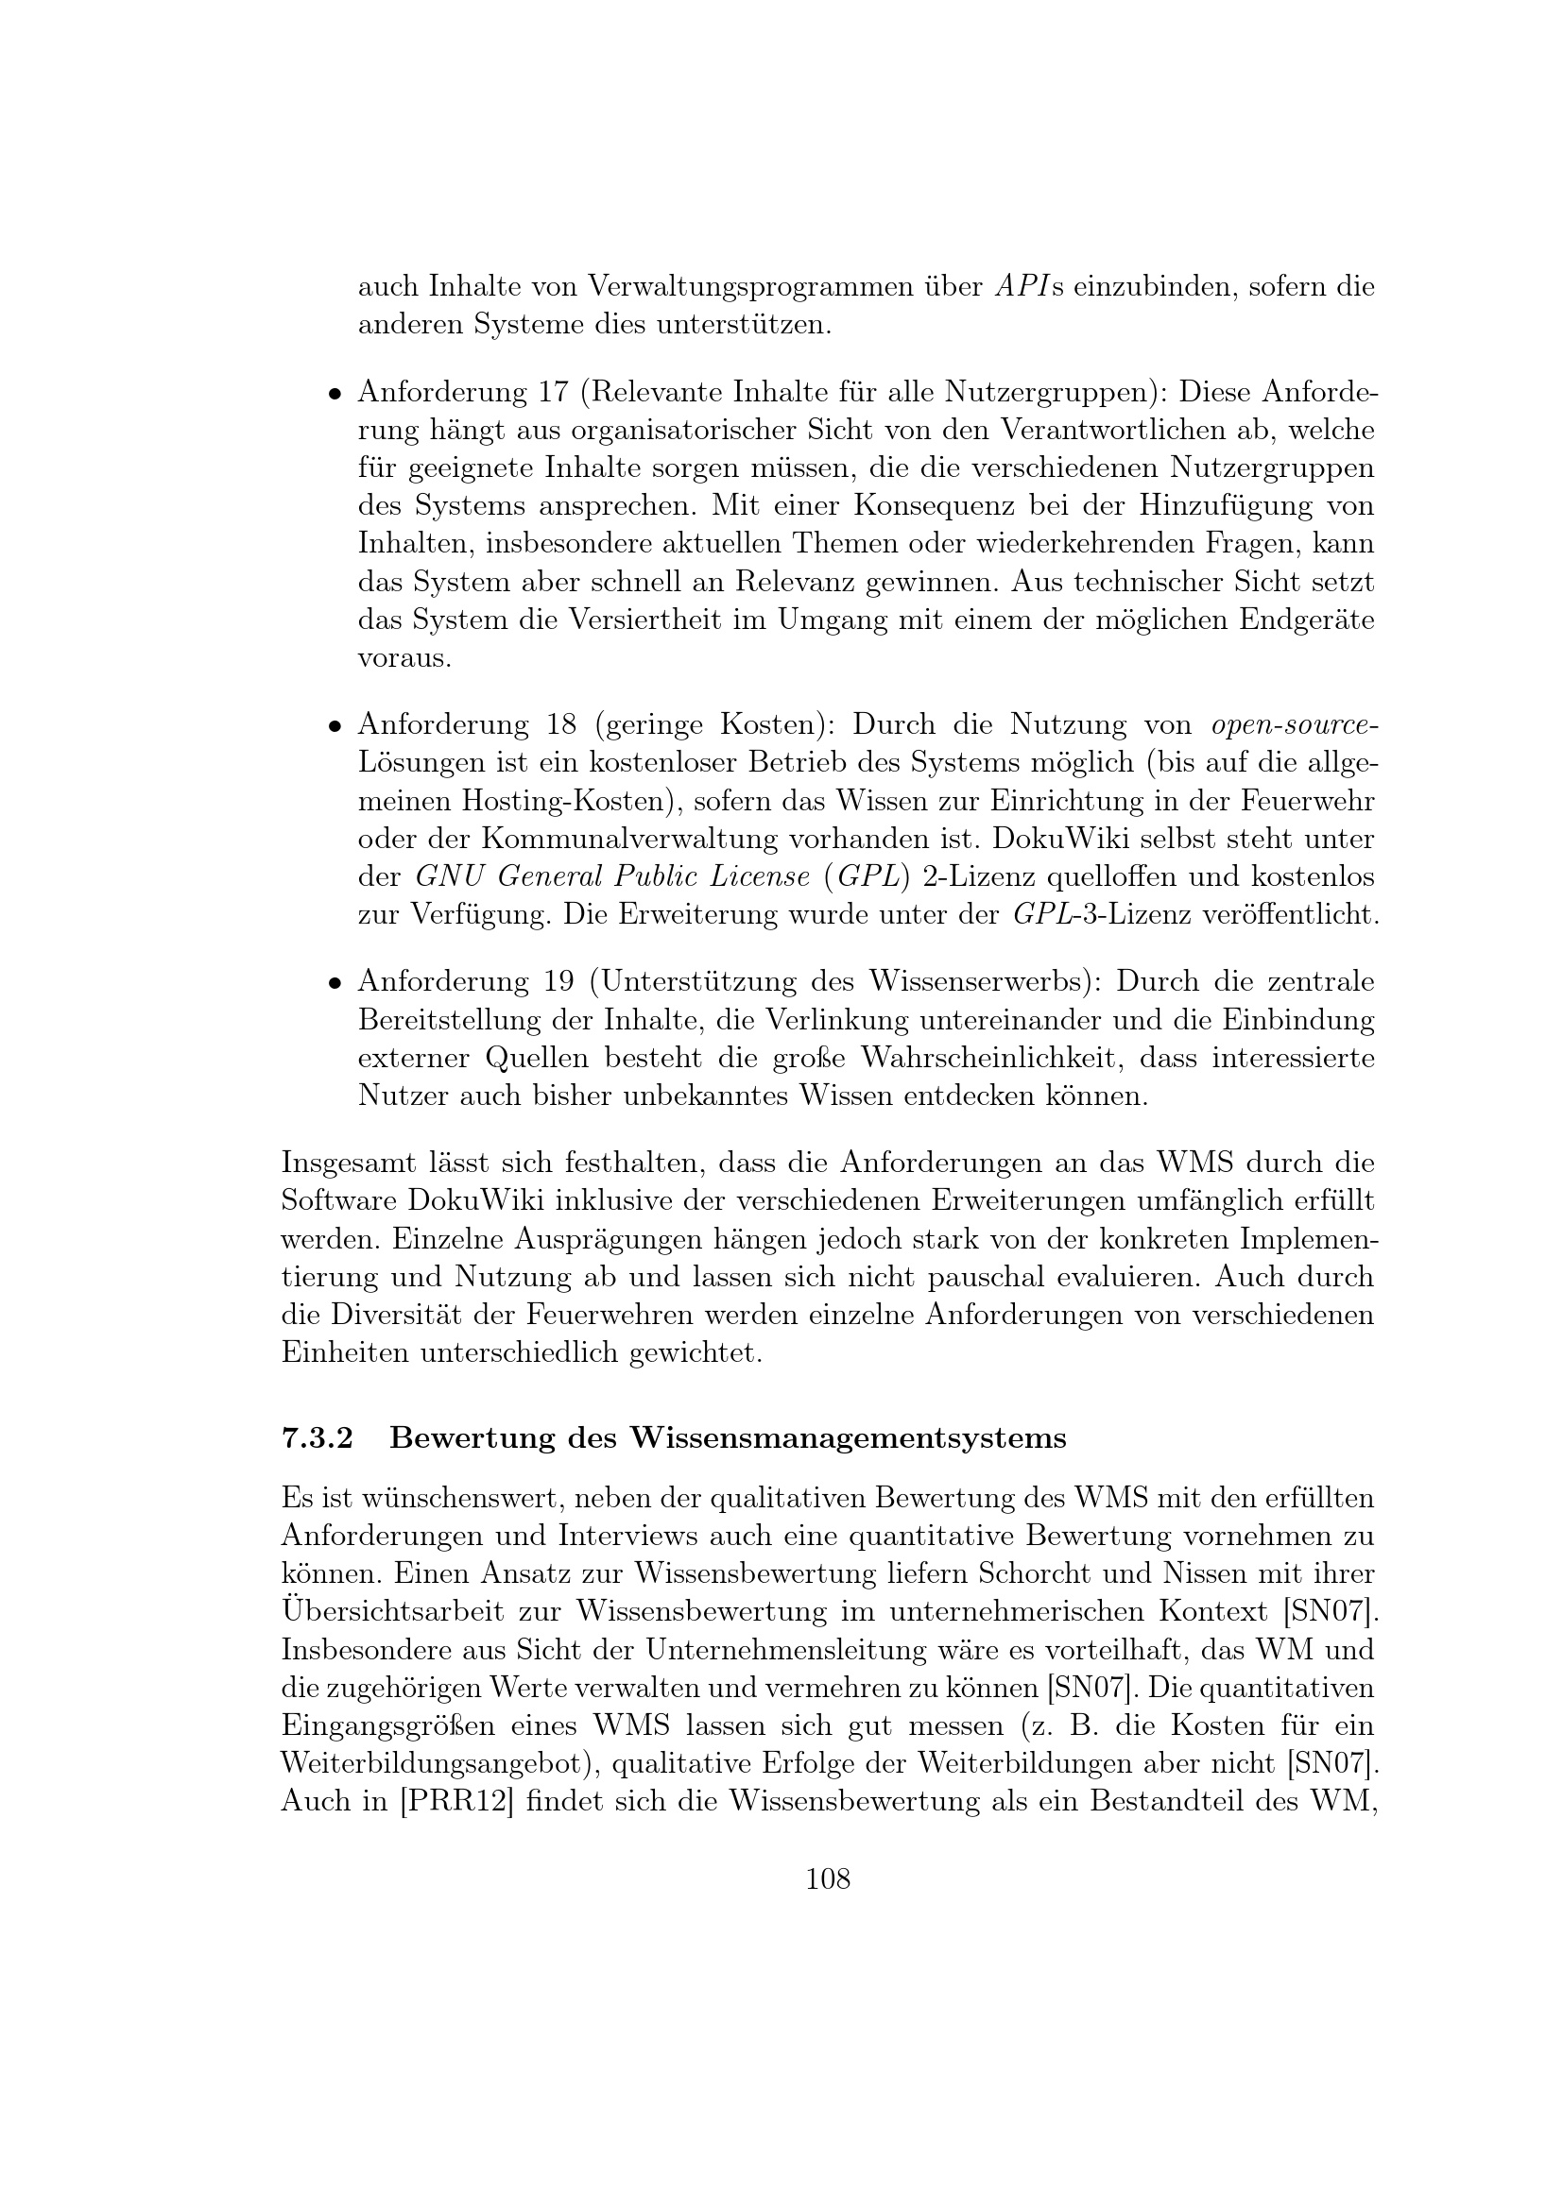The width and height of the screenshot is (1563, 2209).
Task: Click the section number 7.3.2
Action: [x=317, y=1437]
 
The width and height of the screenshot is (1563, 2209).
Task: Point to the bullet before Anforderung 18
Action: [x=333, y=726]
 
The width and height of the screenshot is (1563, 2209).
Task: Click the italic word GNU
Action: [x=442, y=877]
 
